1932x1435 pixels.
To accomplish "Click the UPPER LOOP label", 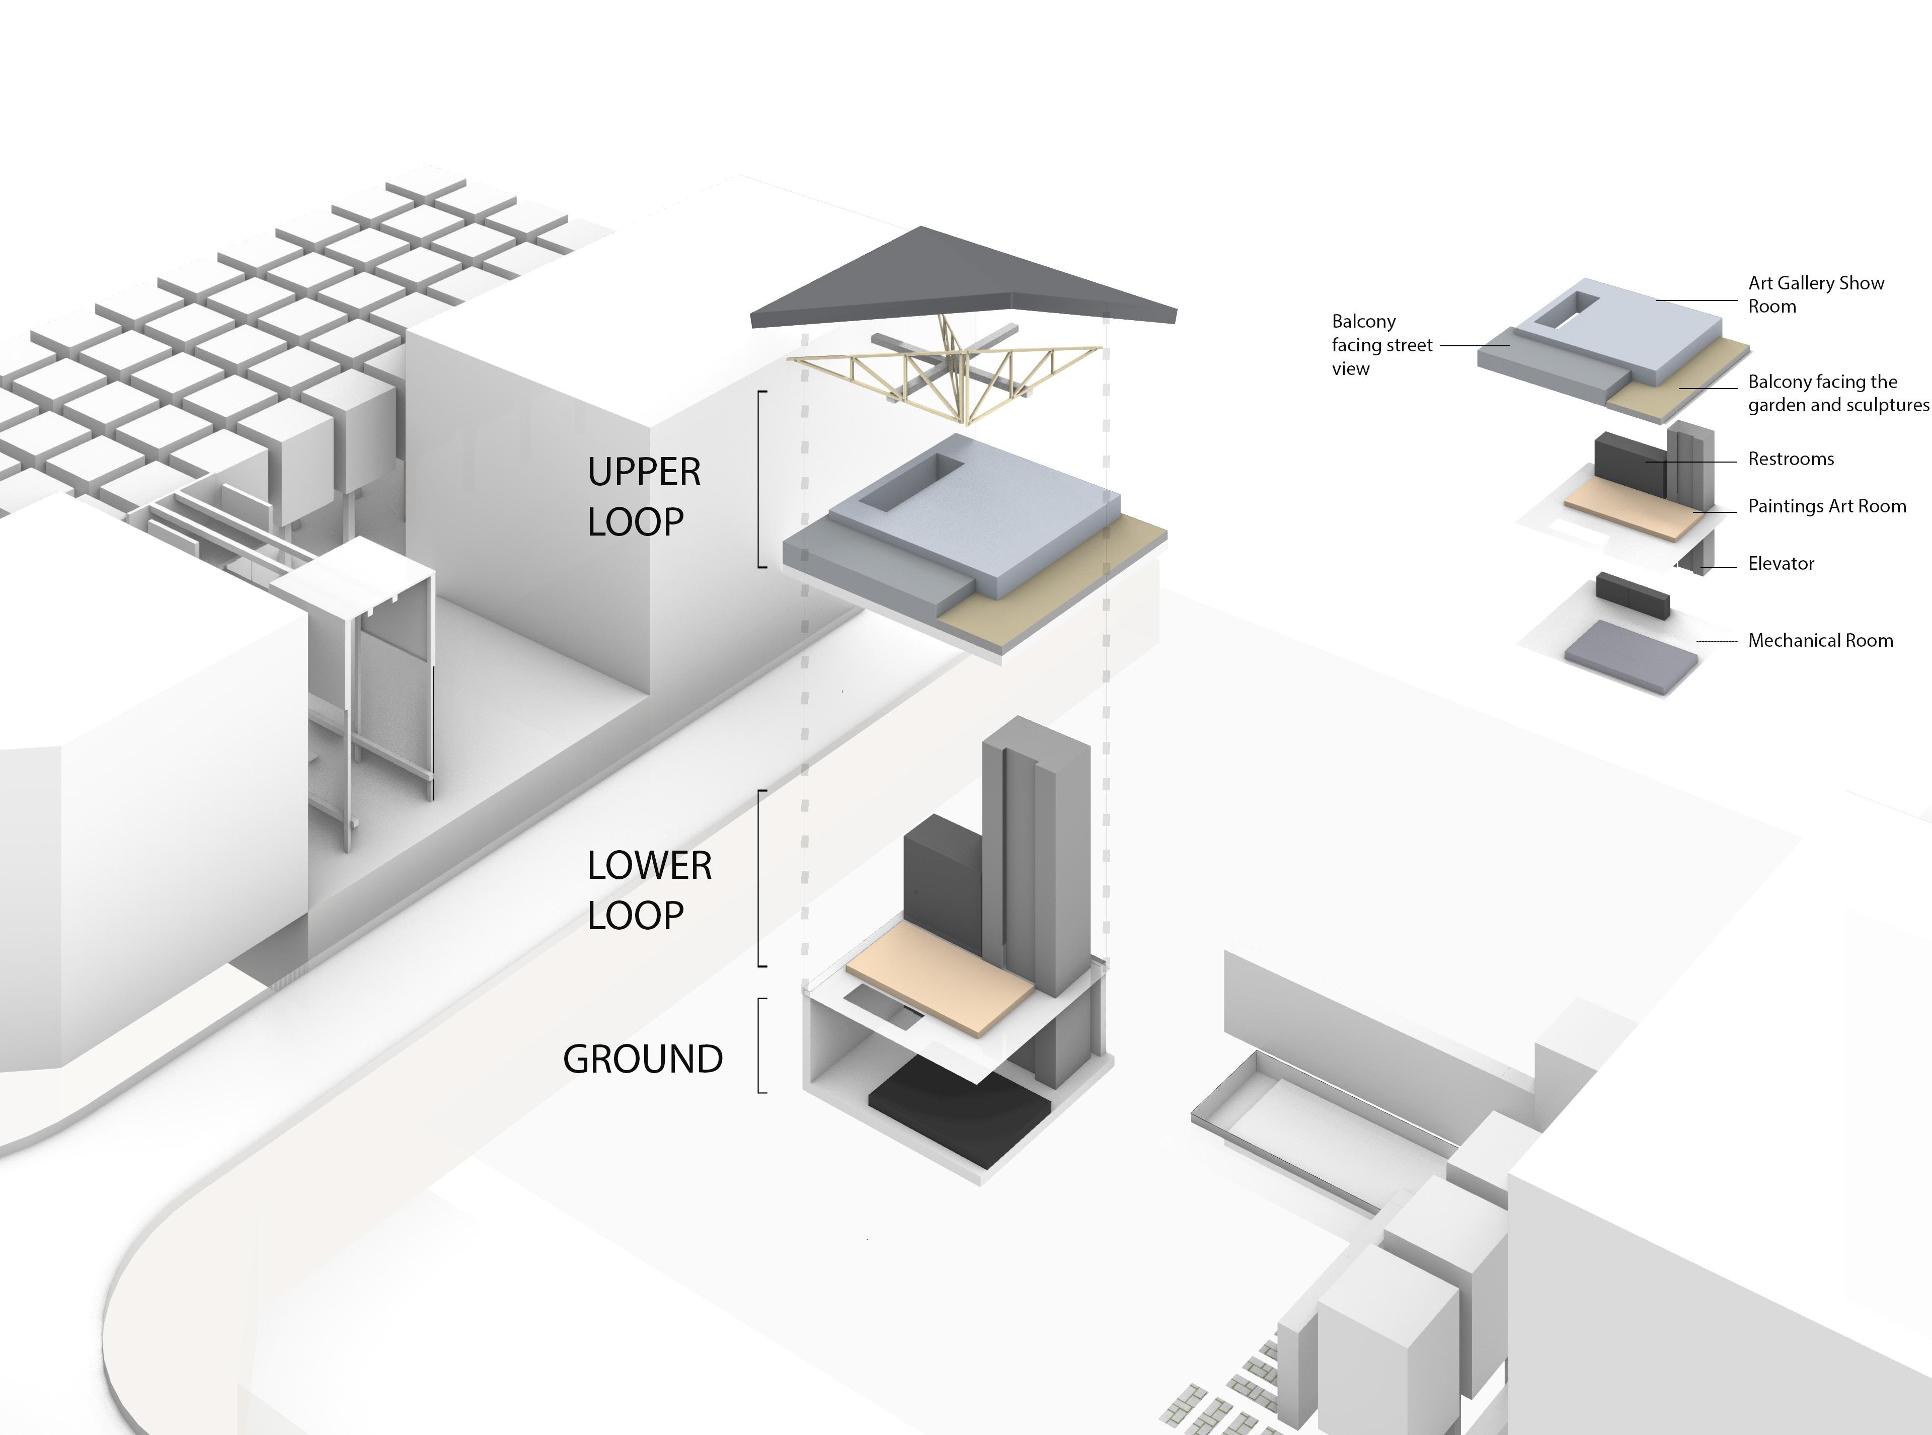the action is [644, 497].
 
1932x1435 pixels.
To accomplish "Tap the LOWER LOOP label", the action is [649, 890].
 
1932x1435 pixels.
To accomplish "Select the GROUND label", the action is [643, 1059].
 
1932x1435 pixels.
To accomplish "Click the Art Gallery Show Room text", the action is [1816, 294].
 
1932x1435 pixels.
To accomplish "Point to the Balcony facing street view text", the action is [1381, 345].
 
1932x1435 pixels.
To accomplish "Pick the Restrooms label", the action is [1791, 459].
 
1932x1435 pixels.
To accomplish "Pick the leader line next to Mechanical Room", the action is [1717, 641].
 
